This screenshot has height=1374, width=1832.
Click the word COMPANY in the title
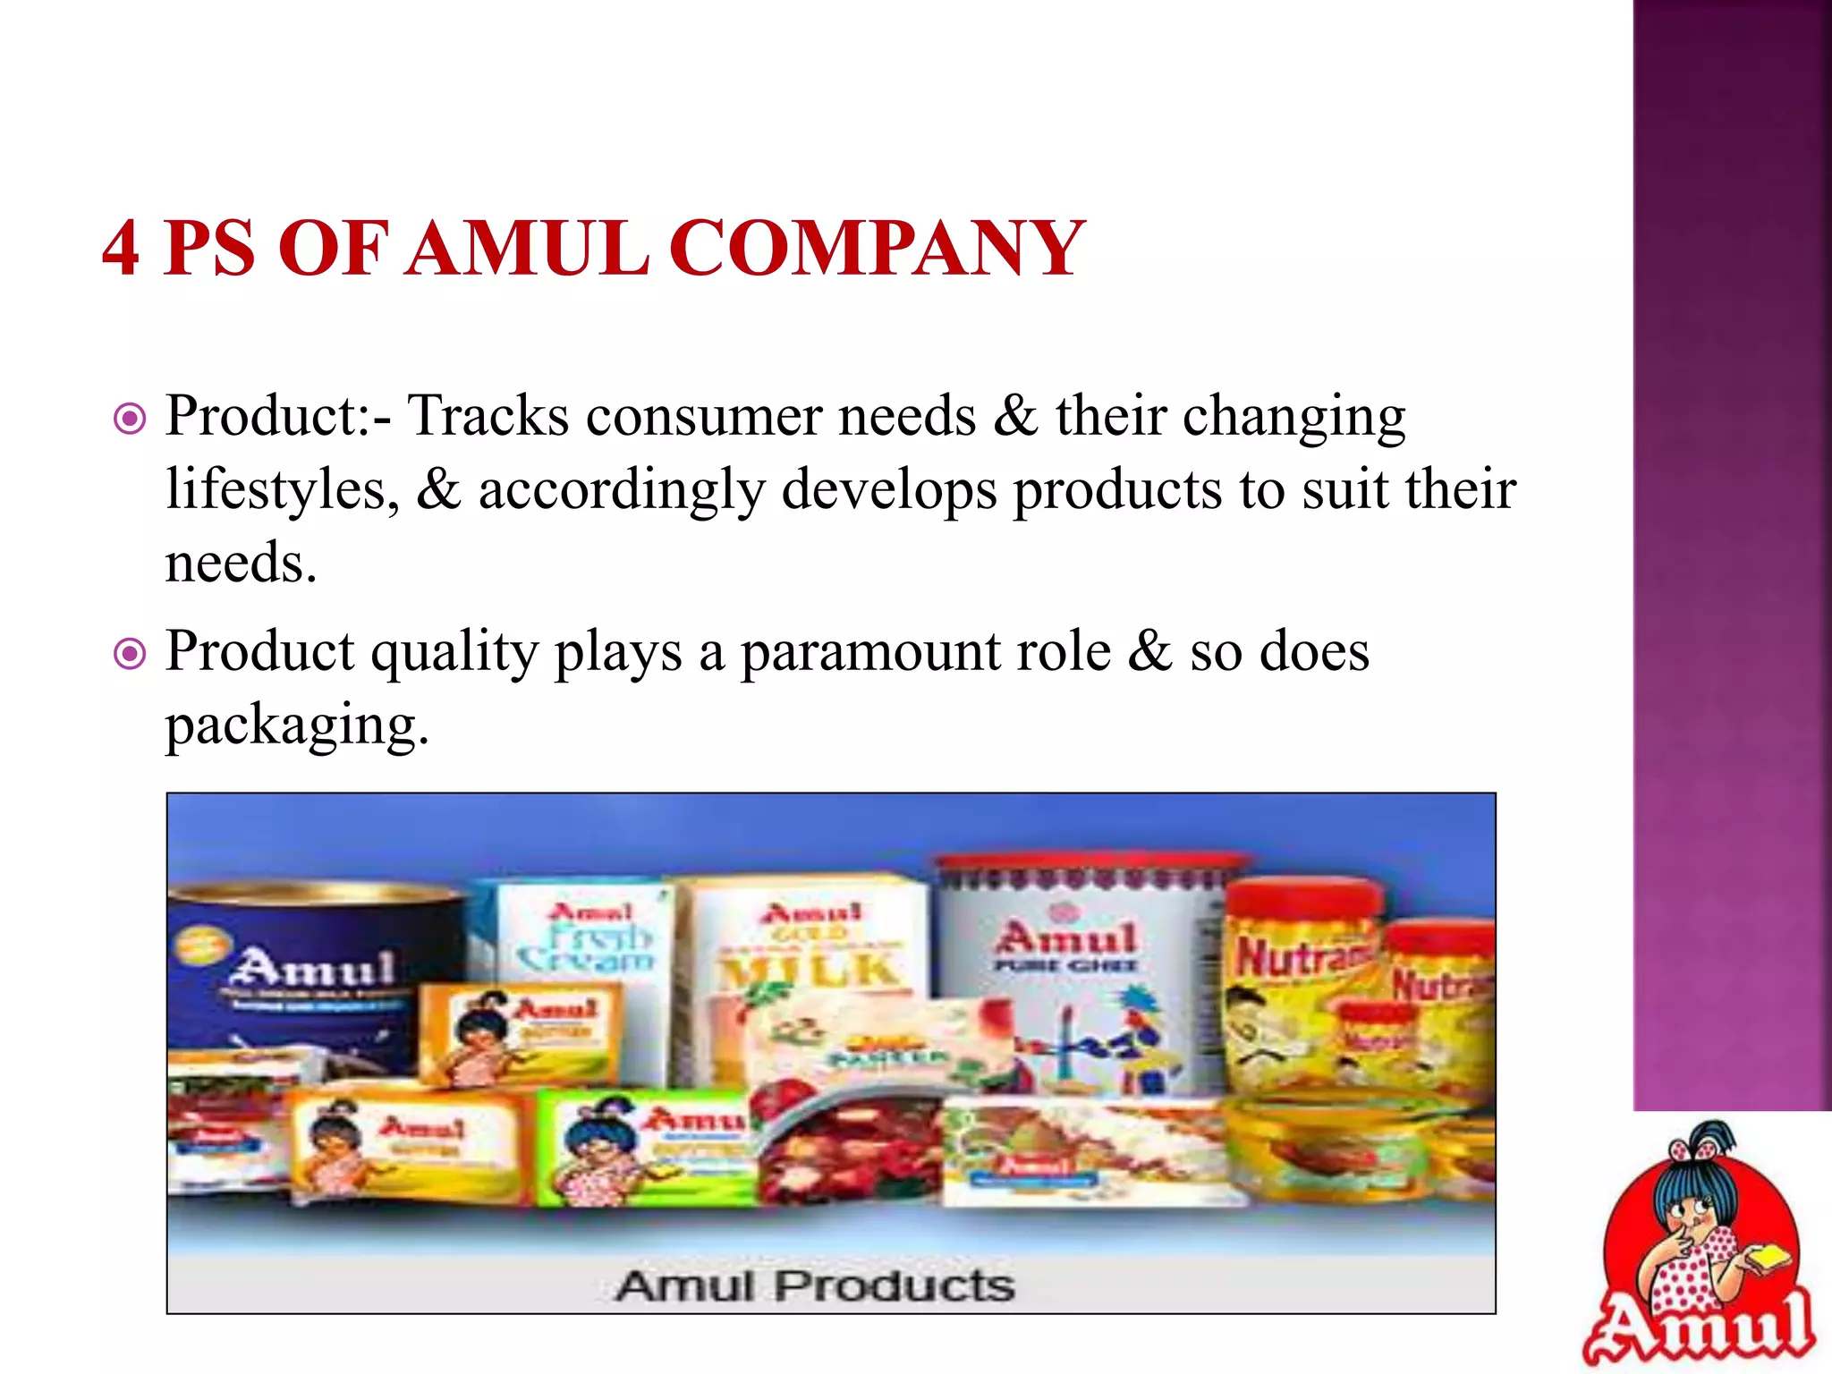pos(877,248)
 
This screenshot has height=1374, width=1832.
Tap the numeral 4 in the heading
pos(121,248)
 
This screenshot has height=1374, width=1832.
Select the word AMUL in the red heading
pos(527,248)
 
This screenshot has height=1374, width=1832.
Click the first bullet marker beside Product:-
pos(131,418)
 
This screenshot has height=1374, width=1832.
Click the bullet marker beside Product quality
pos(131,654)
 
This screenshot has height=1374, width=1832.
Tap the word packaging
pos(295,725)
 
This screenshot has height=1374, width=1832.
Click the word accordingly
pos(622,490)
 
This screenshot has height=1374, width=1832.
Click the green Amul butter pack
pos(649,1149)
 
